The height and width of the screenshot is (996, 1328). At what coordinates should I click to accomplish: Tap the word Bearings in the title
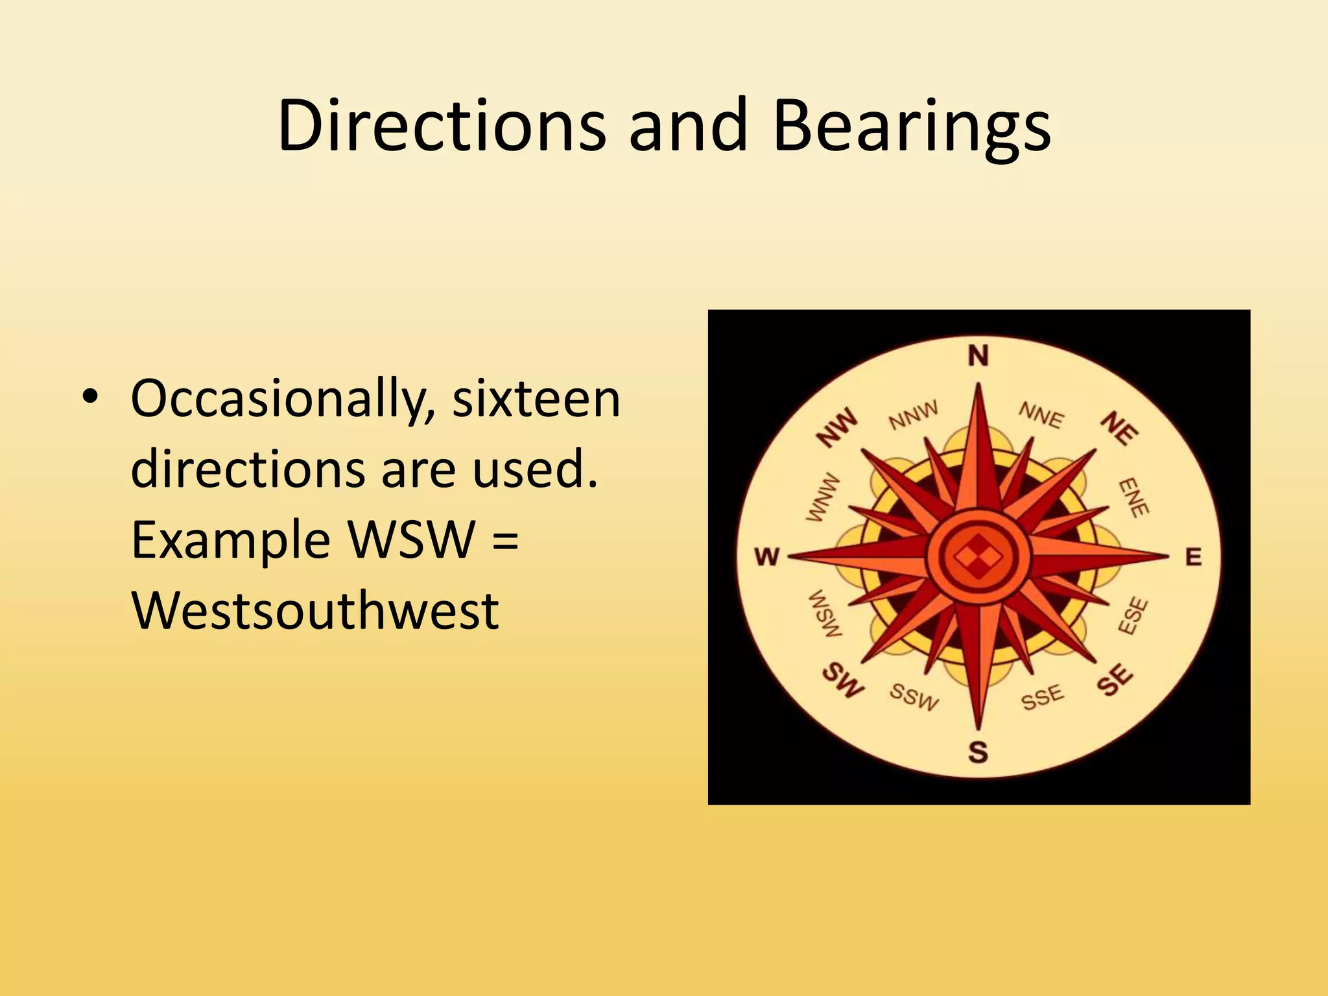pos(911,128)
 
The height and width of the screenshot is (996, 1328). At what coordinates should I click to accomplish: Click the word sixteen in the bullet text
pos(536,399)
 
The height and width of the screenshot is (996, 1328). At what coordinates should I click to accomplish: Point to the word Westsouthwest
pos(315,610)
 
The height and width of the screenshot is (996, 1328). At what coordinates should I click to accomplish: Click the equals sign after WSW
pos(506,539)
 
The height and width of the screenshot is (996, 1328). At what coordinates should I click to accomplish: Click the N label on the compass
pos(978,356)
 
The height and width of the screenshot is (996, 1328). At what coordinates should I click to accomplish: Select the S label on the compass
pos(978,752)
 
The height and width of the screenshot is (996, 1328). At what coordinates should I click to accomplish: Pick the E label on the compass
pos(1194,557)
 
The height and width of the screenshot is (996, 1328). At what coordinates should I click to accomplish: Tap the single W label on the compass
pos(767,556)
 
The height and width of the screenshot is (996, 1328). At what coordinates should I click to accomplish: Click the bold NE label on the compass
pos(1119,429)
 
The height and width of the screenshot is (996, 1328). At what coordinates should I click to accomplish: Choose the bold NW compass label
pos(836,427)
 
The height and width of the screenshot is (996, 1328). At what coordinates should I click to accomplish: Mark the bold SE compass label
pos(1115,680)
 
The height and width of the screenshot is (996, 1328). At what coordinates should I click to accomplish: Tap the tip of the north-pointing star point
pos(978,385)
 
